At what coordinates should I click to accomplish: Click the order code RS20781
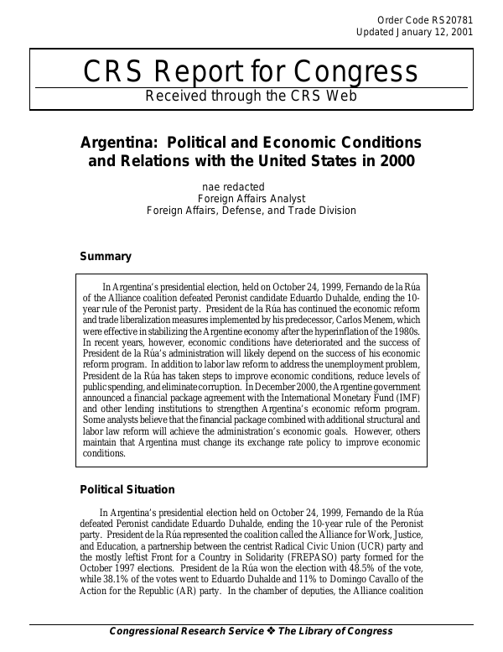(450, 20)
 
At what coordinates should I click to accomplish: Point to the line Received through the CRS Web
(251, 96)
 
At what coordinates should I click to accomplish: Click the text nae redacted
(234, 186)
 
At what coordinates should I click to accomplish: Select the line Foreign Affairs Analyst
(251, 198)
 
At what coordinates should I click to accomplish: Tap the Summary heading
(105, 256)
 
